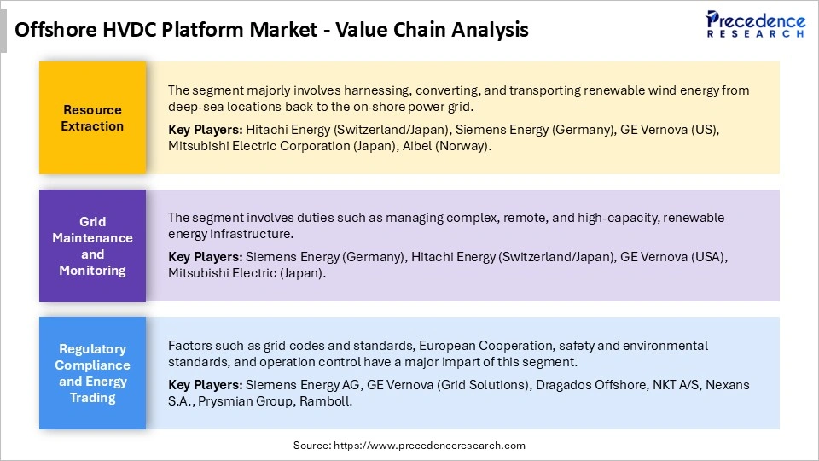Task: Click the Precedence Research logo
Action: pos(754,24)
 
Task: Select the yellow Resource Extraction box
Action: pos(92,118)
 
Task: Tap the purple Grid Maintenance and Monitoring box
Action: pos(92,246)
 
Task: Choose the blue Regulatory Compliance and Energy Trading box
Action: pos(92,373)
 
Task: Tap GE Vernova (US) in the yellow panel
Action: pos(670,130)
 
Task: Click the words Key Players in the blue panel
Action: pos(205,385)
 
